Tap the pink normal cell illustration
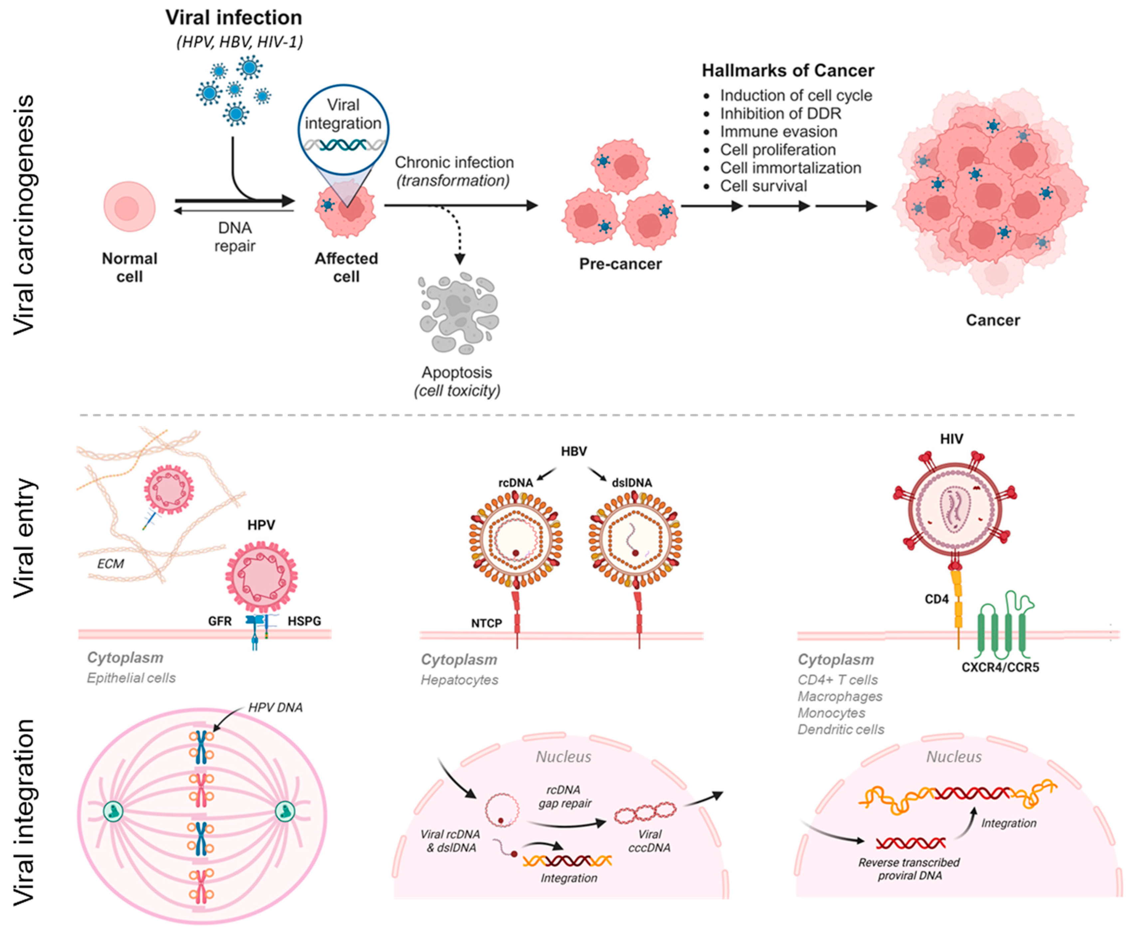pos(129,207)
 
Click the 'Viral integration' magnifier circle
pos(343,128)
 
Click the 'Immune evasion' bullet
pos(778,132)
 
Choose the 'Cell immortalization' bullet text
pos(790,168)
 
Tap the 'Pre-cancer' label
pos(620,264)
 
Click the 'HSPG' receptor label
pos(304,621)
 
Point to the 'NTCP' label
pos(486,623)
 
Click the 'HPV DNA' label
pos(276,707)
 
